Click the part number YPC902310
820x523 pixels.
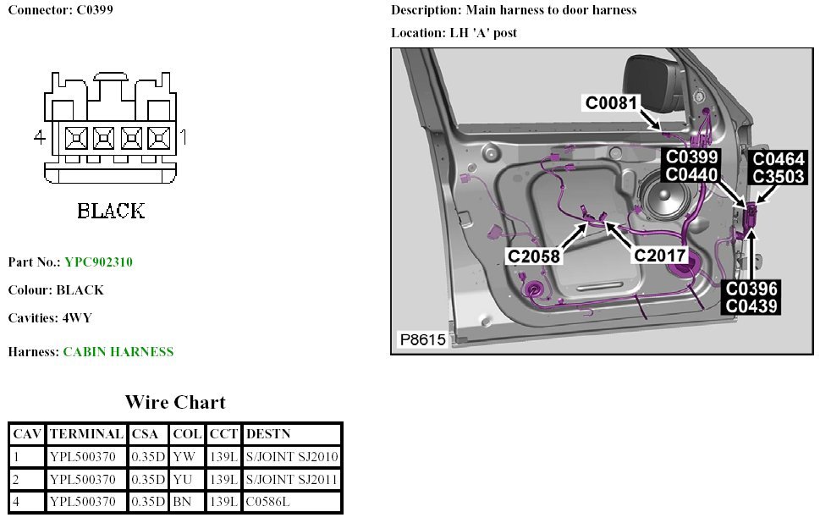tap(98, 262)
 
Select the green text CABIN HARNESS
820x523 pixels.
tap(118, 352)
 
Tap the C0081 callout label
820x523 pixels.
tap(612, 103)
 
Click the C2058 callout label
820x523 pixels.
tap(534, 256)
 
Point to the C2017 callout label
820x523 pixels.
tap(660, 256)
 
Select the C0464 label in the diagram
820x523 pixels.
tap(779, 159)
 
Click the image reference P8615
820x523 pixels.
tap(423, 340)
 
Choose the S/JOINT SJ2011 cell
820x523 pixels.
tap(291, 479)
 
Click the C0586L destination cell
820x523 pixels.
tap(268, 501)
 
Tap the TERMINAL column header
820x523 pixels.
tap(86, 434)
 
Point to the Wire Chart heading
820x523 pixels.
tap(175, 402)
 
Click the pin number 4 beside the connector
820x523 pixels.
tap(39, 136)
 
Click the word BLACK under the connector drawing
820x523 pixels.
tap(111, 210)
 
